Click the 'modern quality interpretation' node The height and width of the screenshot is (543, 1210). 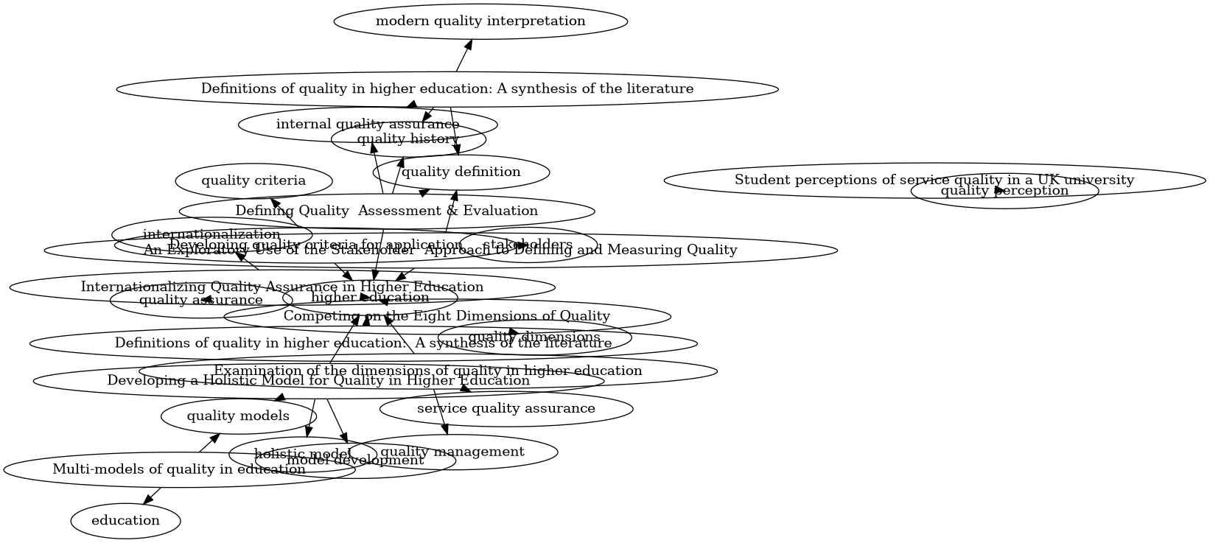point(480,21)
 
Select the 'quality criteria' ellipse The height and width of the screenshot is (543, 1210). point(253,181)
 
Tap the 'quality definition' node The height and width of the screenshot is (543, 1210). point(461,172)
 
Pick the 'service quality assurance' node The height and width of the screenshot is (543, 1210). point(506,408)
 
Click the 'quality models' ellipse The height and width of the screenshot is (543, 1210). point(238,416)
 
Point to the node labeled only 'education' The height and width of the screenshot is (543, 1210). point(125,521)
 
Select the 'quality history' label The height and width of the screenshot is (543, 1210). point(408,139)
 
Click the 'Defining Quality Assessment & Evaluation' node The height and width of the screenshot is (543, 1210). point(386,211)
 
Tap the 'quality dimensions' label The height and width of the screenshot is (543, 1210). point(534,337)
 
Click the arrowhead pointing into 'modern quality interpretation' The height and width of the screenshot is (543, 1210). point(467,43)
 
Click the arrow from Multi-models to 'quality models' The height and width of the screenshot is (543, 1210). point(210,442)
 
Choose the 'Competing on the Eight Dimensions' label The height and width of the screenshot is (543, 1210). point(447,316)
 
